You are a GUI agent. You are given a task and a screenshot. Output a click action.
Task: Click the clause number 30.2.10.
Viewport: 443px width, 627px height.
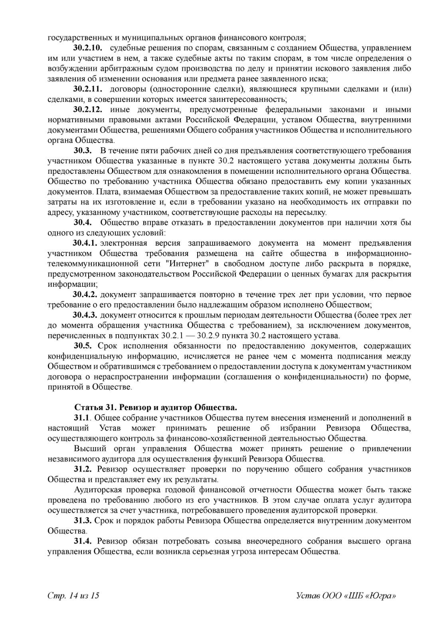click(88, 48)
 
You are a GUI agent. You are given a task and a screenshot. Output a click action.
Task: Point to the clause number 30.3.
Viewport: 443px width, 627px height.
click(83, 151)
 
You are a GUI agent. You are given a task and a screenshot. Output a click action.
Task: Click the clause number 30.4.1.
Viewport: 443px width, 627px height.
click(85, 243)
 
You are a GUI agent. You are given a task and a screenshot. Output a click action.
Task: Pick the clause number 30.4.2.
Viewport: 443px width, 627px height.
click(85, 295)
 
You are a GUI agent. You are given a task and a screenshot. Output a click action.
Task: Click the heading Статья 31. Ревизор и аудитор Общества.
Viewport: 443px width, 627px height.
click(156, 408)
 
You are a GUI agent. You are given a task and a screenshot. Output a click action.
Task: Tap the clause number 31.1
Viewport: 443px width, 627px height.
click(83, 418)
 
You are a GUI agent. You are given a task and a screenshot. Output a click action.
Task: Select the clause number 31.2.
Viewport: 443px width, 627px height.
click(83, 469)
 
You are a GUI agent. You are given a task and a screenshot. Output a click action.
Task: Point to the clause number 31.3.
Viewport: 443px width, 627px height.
click(83, 521)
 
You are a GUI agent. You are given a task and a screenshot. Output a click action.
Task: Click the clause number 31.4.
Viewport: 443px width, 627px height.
click(83, 542)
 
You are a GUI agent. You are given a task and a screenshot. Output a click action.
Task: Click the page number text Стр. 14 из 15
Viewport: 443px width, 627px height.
click(73, 596)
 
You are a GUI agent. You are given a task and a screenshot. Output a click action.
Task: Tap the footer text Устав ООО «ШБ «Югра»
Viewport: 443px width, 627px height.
click(346, 596)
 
